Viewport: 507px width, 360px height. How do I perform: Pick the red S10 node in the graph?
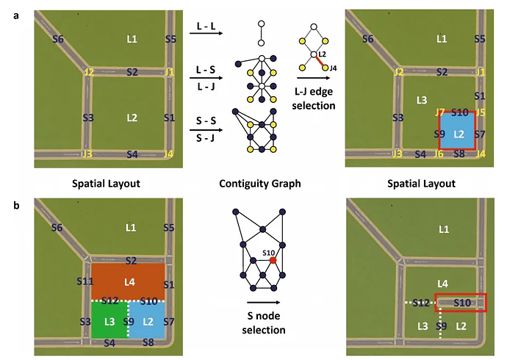click(273, 260)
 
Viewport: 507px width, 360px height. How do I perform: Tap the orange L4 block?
click(129, 281)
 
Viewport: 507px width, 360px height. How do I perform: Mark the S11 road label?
click(84, 281)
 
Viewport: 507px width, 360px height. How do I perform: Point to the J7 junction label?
click(439, 112)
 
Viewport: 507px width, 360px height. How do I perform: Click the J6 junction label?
click(439, 154)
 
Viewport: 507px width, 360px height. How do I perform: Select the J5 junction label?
click(481, 112)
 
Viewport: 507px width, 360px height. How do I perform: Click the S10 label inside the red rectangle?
click(461, 301)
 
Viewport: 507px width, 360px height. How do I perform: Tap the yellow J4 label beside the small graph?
click(333, 68)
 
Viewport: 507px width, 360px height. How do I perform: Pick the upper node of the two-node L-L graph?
click(260, 24)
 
